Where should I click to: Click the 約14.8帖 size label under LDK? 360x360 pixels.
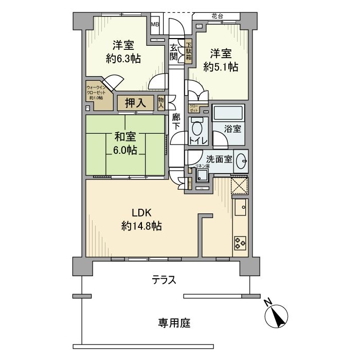pos(142,225)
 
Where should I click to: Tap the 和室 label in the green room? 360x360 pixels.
pos(125,137)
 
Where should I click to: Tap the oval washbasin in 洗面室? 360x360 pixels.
pos(241,164)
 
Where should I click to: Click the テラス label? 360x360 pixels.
pos(164,280)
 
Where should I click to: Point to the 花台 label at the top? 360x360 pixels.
pos(217,16)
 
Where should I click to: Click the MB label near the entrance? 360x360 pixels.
pos(155,24)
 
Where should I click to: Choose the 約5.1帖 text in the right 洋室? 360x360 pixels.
pos(220,66)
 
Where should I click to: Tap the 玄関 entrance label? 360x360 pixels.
pos(174,52)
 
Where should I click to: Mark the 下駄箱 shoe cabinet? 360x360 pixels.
pos(189,51)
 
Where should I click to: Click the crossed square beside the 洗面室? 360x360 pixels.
pos(240,185)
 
